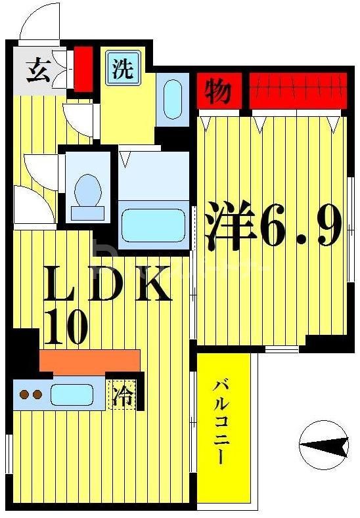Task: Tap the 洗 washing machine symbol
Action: coord(123,69)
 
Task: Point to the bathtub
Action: coord(154,226)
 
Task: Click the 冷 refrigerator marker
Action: coord(122,396)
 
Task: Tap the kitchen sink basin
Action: coord(72,395)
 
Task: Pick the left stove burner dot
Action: coord(24,395)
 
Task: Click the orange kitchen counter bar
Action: coord(89,361)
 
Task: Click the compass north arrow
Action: coord(323,446)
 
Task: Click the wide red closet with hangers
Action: coord(298,91)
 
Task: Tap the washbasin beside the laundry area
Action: coord(172,99)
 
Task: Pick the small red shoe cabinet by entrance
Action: coord(83,69)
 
